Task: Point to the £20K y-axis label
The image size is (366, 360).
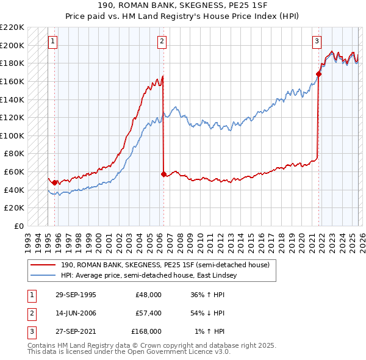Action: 14,208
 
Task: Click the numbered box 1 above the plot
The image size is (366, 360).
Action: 52,41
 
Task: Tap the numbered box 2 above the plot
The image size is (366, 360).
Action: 162,41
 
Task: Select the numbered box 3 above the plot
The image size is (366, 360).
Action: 317,41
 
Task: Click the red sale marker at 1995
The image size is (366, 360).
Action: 55,182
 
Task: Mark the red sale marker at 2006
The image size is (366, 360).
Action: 163,174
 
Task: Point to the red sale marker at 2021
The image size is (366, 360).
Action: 318,74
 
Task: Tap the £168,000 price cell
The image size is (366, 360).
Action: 146,331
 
